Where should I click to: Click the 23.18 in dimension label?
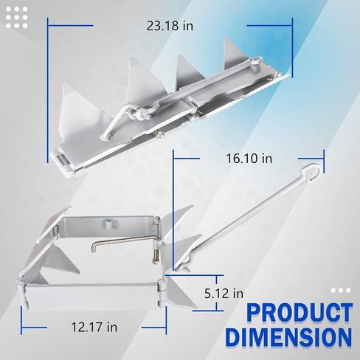[170, 26]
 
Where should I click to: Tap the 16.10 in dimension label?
[249, 159]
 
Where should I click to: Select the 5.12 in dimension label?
[224, 294]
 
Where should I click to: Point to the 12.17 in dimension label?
[94, 328]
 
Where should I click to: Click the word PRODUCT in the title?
[300, 313]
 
